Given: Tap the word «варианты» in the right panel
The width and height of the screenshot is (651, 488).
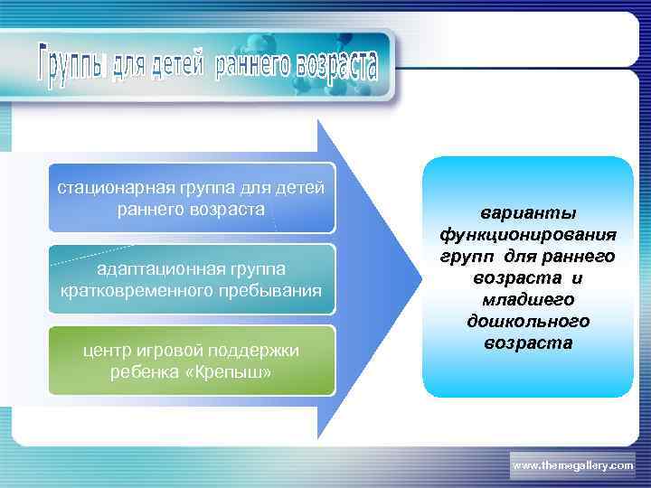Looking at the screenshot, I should (x=528, y=213).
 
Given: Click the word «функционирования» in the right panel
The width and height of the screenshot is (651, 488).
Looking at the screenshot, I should (x=528, y=235).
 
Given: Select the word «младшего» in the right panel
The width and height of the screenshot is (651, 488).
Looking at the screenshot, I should (x=528, y=300).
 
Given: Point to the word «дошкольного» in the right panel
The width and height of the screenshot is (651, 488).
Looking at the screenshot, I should (x=528, y=322).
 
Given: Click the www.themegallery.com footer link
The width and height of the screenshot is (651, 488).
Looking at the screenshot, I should (x=573, y=465).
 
